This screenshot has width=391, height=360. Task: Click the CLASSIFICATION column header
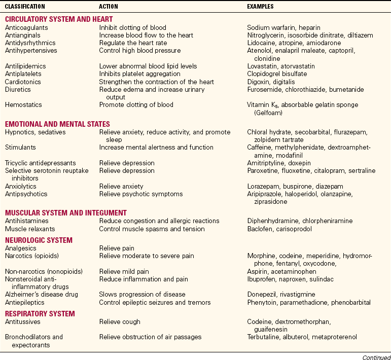tap(25, 7)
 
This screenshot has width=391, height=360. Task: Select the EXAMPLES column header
tap(261, 7)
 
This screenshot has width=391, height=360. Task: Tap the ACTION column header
tap(109, 7)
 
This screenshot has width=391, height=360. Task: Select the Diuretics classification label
tap(18, 89)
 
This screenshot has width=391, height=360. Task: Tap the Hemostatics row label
tap(22, 105)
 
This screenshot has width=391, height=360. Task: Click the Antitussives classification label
tap(22, 321)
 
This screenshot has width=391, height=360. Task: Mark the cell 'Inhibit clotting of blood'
tap(132, 27)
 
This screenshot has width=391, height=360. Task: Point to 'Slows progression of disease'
tap(142, 294)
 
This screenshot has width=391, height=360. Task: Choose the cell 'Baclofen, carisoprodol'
tap(279, 229)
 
